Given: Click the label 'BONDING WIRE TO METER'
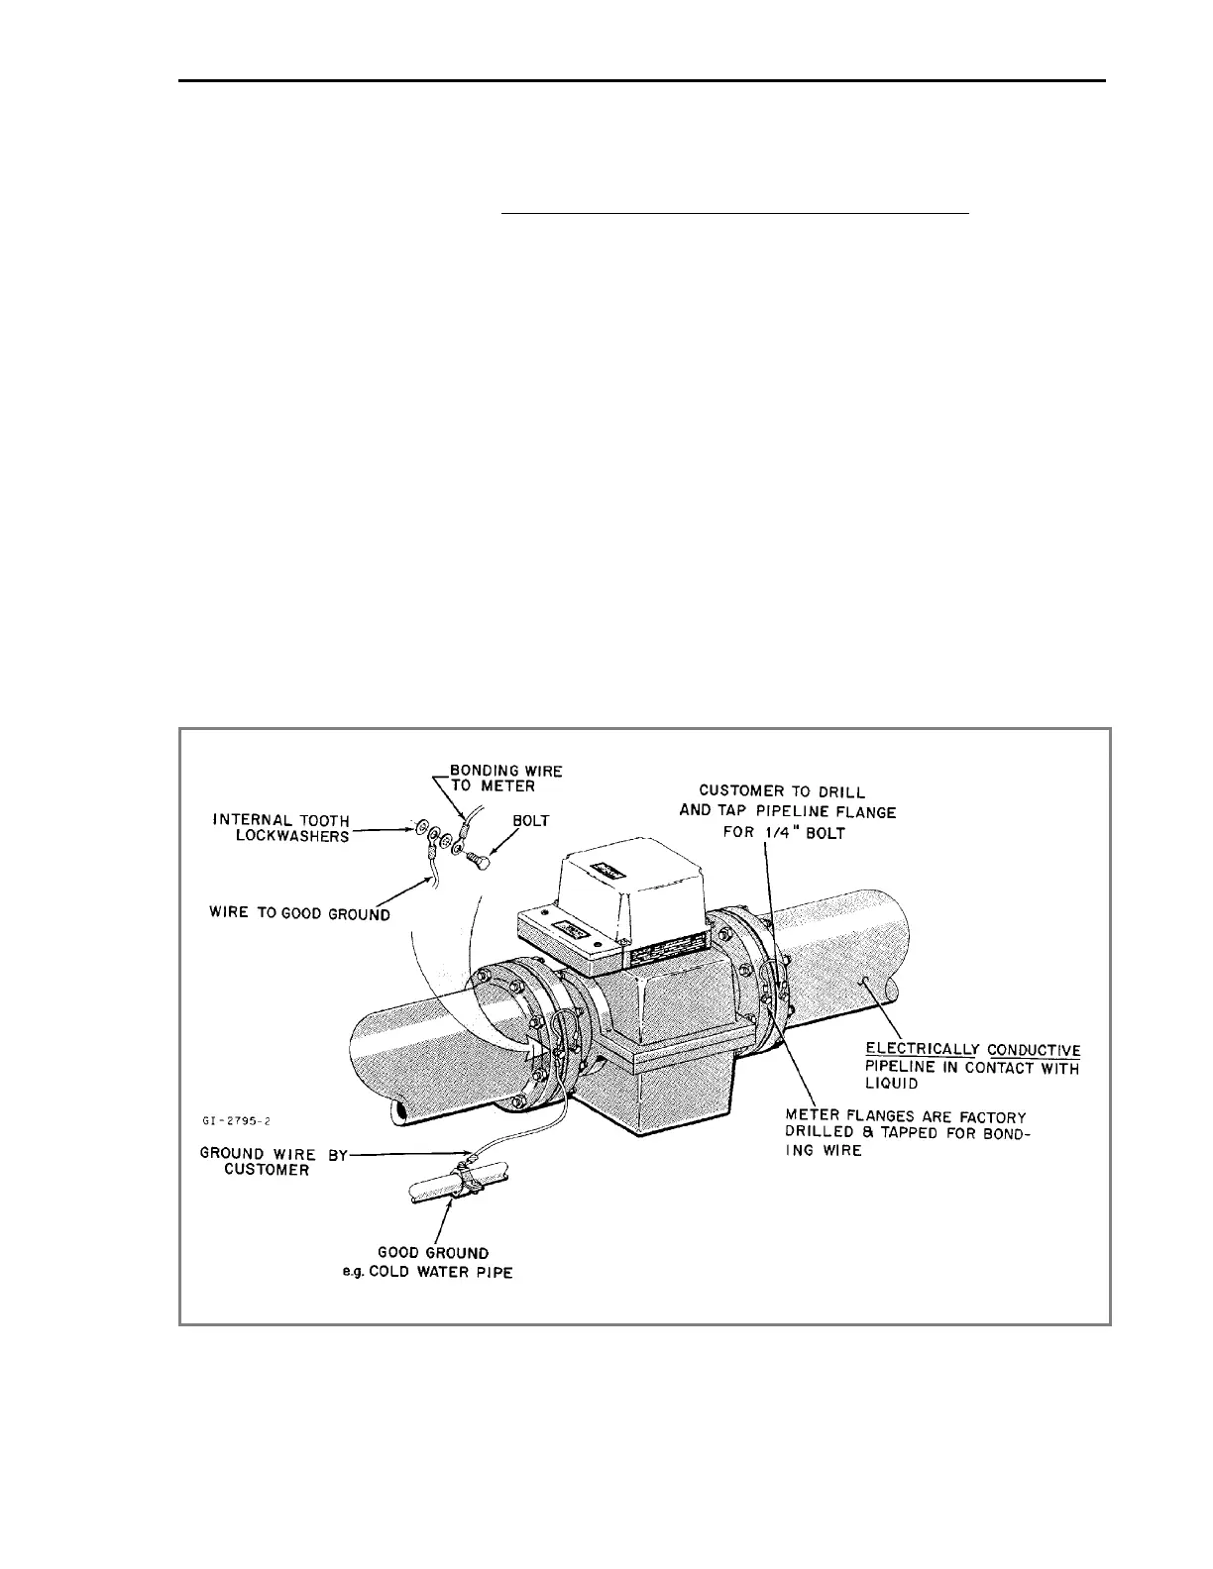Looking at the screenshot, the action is click(x=506, y=778).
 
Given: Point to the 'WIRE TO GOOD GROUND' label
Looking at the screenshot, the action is click(x=298, y=914).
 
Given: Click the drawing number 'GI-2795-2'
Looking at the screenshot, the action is click(x=235, y=1121).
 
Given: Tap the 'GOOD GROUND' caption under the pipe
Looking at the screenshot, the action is click(x=434, y=1253).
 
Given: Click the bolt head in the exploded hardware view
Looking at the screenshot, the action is click(x=477, y=860).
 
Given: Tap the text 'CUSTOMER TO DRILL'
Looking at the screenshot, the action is click(x=782, y=791).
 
